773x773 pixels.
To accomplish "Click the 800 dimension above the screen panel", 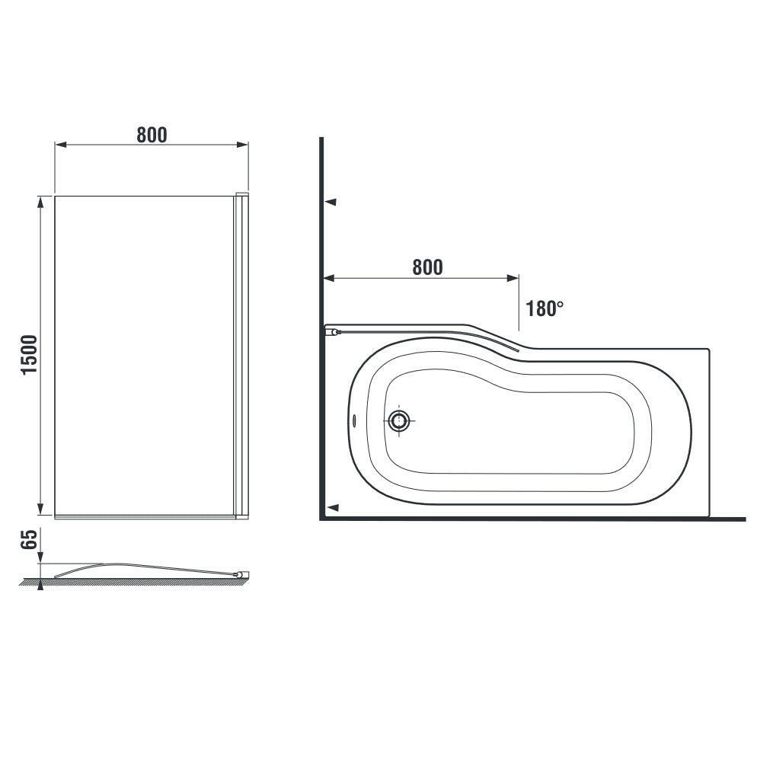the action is coord(152,135).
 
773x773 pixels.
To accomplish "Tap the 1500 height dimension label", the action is coord(30,355).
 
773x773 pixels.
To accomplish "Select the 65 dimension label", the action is coord(30,540).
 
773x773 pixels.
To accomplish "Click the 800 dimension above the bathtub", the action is coord(427,267).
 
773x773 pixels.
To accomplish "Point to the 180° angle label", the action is coord(545,309).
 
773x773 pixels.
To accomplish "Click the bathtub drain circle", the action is coord(399,421).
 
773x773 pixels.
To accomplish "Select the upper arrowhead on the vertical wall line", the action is coord(331,202).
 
